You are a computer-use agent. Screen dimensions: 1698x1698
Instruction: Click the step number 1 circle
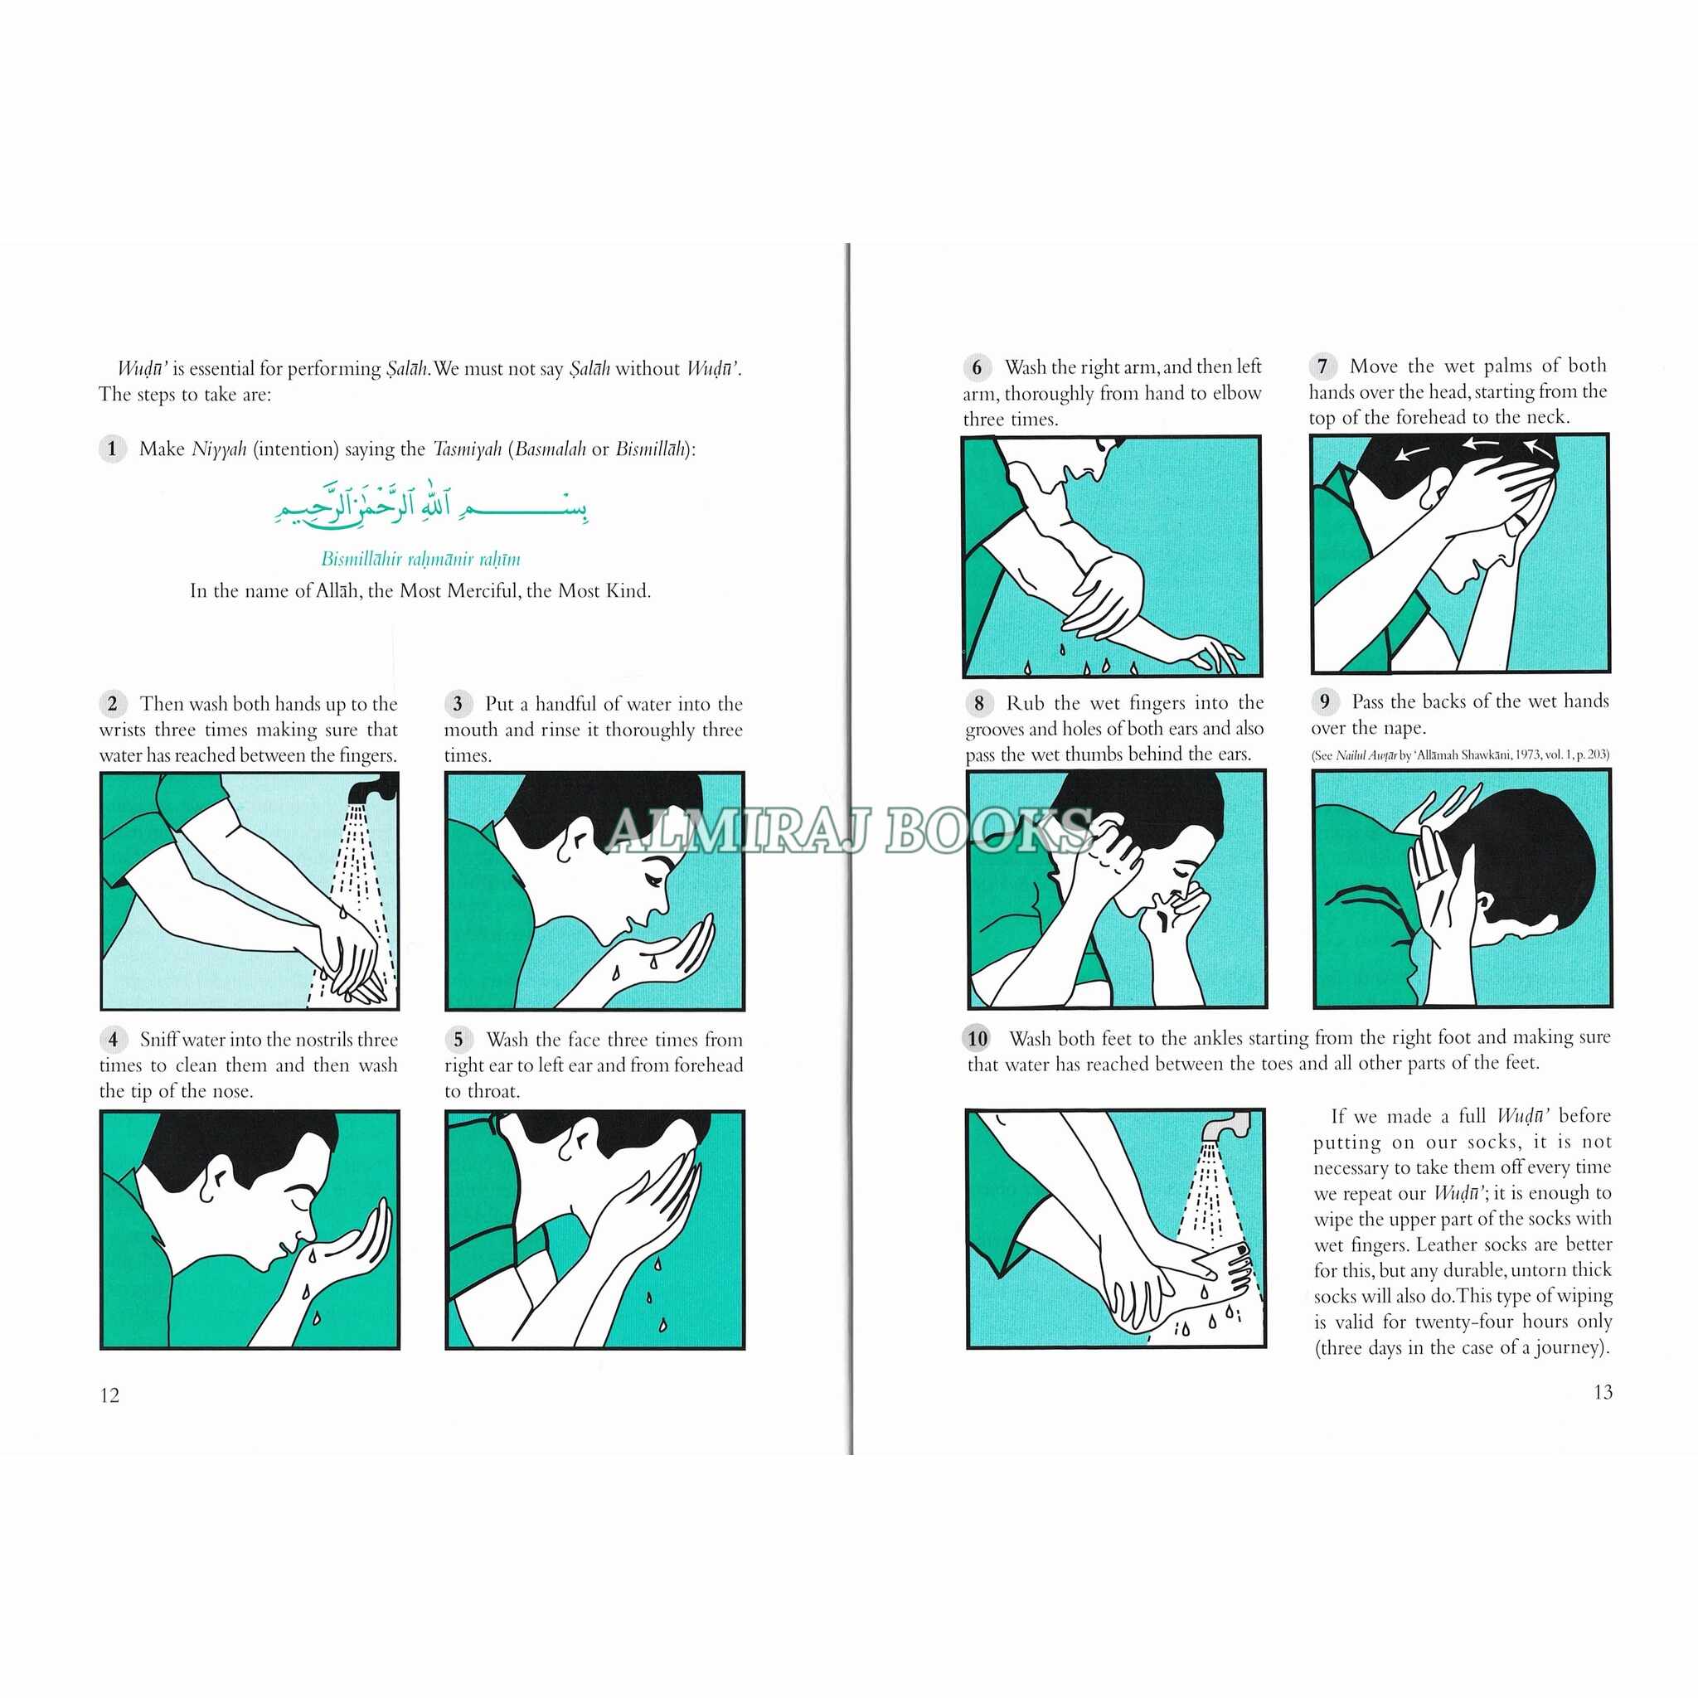coord(112,449)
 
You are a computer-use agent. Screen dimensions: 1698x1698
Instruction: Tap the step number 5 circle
coord(458,1040)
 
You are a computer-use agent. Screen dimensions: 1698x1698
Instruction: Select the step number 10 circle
coord(978,1039)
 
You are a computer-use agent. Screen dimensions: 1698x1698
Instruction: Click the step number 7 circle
coord(1322,366)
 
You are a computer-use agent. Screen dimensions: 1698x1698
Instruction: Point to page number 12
coord(110,1395)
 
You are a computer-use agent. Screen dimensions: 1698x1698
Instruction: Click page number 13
coord(1602,1392)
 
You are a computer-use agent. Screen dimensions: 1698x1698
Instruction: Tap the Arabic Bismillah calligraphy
coord(430,503)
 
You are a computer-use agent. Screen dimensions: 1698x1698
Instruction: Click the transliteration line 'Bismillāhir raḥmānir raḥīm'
coord(420,559)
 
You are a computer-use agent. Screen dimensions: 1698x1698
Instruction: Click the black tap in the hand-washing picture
coord(369,788)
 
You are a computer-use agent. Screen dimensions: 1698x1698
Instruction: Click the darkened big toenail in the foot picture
coord(1242,1249)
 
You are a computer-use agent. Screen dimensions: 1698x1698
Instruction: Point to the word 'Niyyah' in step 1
coord(219,449)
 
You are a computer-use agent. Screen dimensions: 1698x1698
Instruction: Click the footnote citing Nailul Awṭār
coord(1461,754)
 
